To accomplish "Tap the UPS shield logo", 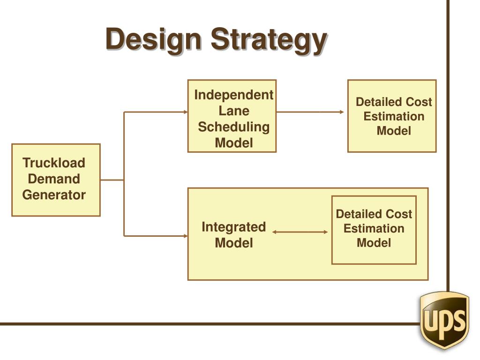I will point(444,320).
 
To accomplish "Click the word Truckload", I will point(54,163).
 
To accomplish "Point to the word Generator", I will point(54,195).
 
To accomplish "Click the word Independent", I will point(233,95).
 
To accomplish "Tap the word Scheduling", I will point(233,127).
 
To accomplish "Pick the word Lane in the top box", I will point(234,111).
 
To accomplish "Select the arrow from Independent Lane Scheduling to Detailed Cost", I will point(309,112).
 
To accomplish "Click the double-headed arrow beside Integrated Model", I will point(300,232).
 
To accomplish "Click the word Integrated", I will point(233,227).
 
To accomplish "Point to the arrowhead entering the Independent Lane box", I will point(185,112).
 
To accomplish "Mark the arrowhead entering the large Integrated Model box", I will point(185,236).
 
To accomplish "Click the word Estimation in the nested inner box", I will point(374,229).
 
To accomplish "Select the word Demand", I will point(54,179).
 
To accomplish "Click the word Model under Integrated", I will point(233,243).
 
